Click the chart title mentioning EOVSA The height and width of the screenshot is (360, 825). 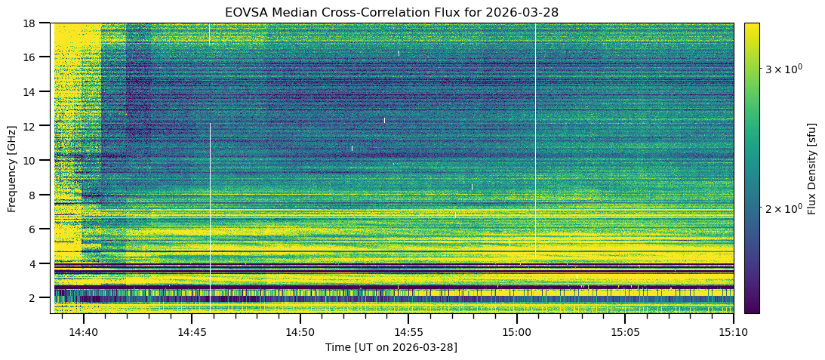[x=392, y=11]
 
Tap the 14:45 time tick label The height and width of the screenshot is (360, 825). [x=192, y=332]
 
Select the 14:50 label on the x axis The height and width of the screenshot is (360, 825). [x=300, y=332]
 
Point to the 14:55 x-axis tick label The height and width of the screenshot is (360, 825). [x=408, y=332]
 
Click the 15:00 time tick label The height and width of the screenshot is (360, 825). [x=517, y=332]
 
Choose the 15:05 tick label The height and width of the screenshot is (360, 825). [x=625, y=332]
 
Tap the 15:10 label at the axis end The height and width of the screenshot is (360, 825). [x=734, y=332]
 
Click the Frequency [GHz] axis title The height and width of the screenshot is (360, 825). [x=12, y=169]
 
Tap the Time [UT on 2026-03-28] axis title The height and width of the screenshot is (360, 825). [x=392, y=347]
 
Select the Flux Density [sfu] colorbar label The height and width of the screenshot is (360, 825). [x=813, y=168]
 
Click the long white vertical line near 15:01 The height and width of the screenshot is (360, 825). [x=536, y=140]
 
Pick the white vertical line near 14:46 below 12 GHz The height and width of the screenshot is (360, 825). [x=210, y=218]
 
